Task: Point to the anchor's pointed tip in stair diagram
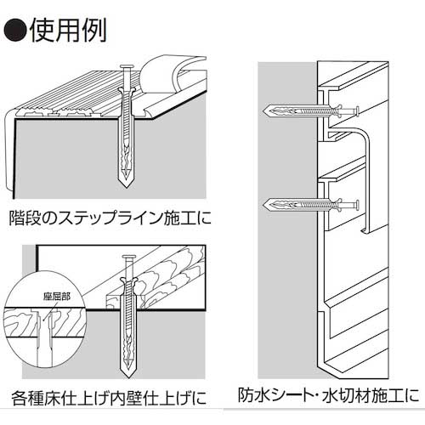(x=127, y=188)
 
